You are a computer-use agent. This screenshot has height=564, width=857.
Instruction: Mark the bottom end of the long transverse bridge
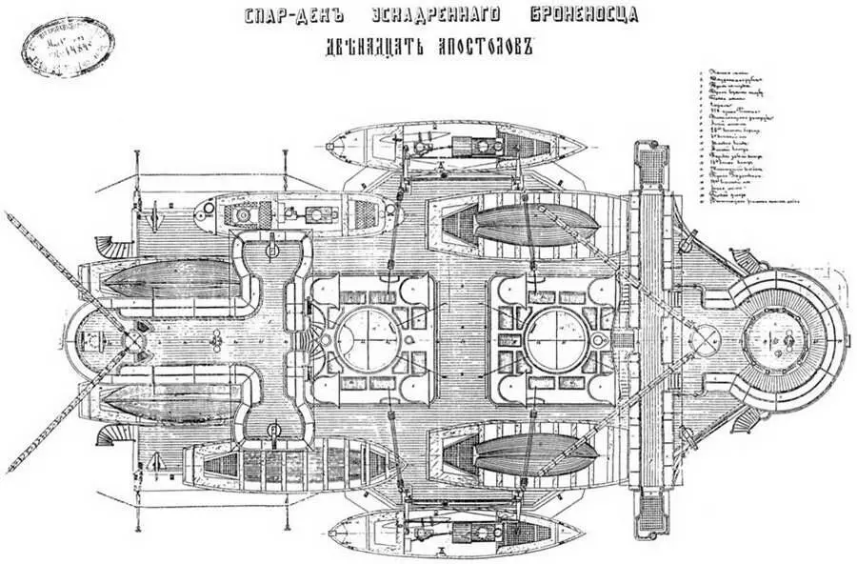pyautogui.click(x=651, y=519)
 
